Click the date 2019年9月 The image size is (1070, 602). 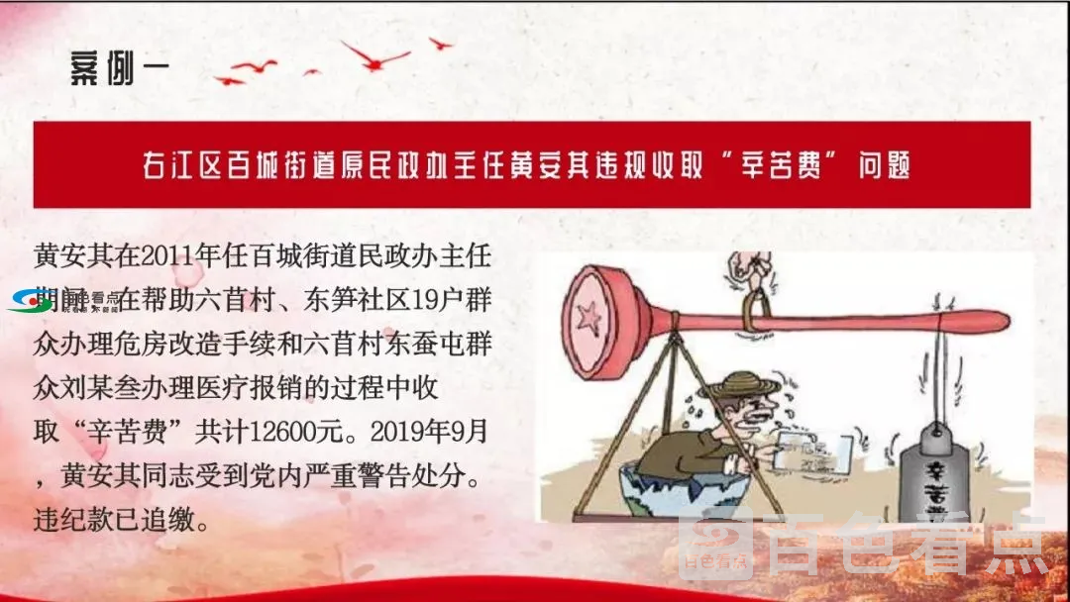click(439, 433)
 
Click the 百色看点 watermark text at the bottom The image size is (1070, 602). click(908, 551)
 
